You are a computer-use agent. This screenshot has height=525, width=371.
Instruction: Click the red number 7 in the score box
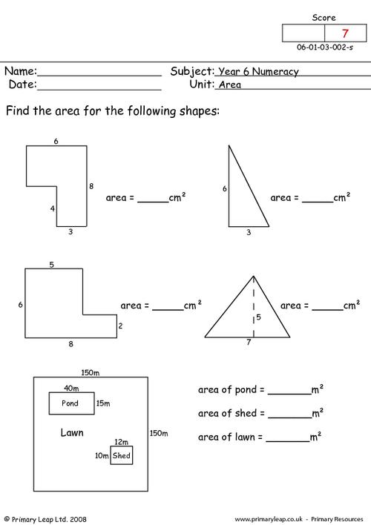click(345, 33)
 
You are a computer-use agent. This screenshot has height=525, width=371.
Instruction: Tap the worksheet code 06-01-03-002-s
click(325, 47)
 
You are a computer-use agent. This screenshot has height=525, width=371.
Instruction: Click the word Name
click(19, 71)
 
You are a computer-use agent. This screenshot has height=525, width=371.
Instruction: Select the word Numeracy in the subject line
click(275, 72)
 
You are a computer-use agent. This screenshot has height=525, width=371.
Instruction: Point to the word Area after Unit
click(230, 85)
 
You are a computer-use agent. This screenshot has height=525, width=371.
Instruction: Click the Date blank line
click(99, 90)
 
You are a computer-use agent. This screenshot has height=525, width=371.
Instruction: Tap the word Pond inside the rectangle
click(70, 403)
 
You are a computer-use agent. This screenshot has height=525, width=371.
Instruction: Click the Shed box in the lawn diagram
click(122, 455)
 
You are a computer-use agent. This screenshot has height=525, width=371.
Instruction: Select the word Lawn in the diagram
click(72, 432)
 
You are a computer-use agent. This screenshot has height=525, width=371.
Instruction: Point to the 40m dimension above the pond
click(71, 388)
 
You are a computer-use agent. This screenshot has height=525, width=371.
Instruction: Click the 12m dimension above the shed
click(122, 442)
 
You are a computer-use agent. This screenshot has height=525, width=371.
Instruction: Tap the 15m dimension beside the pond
click(103, 403)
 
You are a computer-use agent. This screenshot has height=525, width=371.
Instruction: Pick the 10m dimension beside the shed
click(102, 455)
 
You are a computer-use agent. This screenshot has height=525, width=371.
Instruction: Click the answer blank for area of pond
click(289, 394)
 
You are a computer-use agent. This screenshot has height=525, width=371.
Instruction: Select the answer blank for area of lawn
click(288, 442)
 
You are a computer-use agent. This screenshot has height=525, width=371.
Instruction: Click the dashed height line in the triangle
click(254, 306)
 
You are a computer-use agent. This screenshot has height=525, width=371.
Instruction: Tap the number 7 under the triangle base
click(249, 342)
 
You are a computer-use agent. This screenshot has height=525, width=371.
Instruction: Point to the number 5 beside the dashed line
click(258, 317)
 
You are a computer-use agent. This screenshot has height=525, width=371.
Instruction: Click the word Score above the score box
click(324, 17)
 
